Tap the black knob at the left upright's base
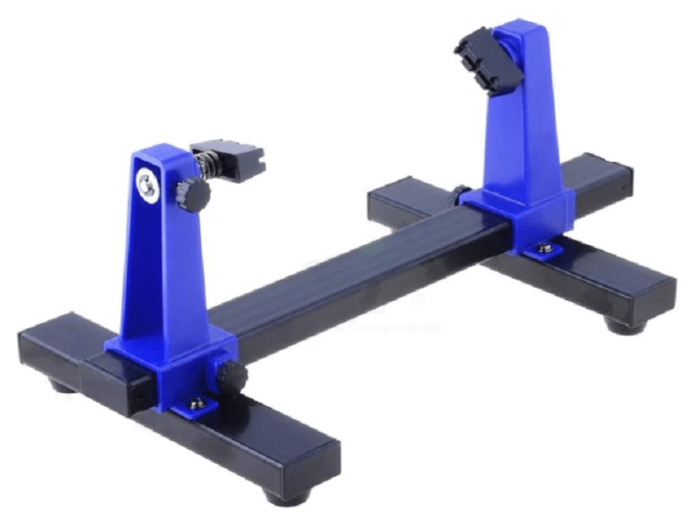234,377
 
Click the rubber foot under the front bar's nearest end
288,498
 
